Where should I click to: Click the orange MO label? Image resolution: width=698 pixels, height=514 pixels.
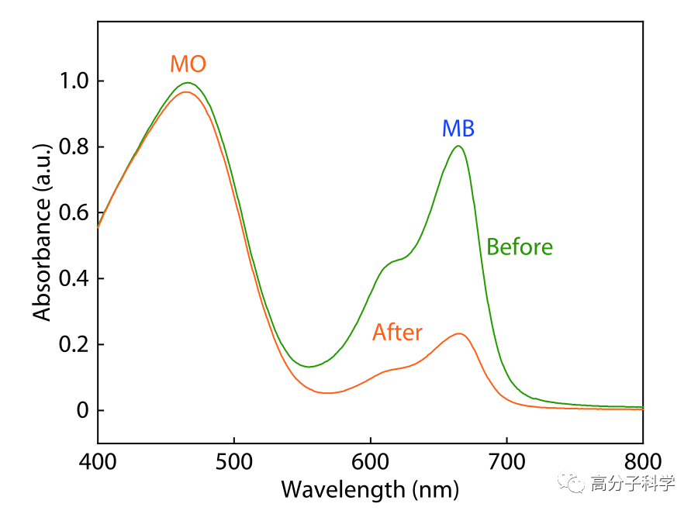pos(188,64)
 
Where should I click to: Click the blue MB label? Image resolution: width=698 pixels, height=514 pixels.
pos(458,128)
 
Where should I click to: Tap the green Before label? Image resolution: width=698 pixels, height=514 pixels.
pos(520,247)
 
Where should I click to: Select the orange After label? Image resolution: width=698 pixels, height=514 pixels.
pos(397,333)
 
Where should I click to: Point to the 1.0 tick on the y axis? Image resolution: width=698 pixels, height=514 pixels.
pos(72,81)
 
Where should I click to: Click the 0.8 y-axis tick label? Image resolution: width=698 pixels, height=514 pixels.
pos(72,147)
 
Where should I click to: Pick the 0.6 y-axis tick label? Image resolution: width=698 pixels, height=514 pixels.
pos(72,213)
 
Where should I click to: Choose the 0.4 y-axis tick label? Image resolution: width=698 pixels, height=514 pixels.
pos(72,278)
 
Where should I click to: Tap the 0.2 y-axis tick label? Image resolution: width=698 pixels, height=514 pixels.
pos(72,344)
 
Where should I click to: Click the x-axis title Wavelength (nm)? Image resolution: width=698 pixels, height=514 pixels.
pos(370,490)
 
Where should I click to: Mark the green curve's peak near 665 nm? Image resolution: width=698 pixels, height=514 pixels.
pos(459,146)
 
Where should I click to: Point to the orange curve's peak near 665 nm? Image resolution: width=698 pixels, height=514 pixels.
pos(460,333)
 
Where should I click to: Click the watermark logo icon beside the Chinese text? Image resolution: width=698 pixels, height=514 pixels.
pos(575,485)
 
